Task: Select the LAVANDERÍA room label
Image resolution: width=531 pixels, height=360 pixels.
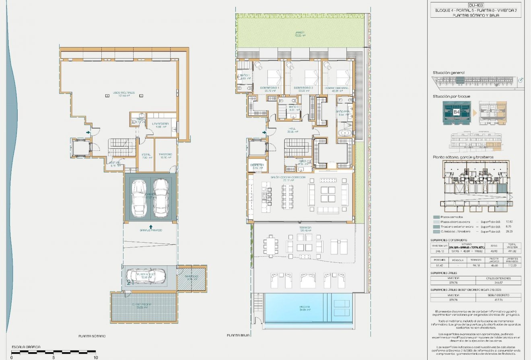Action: click(x=165, y=124)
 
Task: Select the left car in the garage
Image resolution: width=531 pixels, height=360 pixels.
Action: click(x=140, y=197)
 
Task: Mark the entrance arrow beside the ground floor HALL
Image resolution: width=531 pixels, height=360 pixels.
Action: click(x=264, y=132)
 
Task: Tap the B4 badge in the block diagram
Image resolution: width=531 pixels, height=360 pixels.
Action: click(x=457, y=112)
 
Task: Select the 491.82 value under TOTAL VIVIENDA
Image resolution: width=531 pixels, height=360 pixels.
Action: click(x=512, y=251)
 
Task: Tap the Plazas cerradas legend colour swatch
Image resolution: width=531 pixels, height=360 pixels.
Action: click(x=436, y=217)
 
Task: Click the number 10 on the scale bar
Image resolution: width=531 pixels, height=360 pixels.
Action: click(x=95, y=357)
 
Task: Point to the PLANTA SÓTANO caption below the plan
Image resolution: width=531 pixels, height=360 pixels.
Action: click(x=92, y=335)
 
